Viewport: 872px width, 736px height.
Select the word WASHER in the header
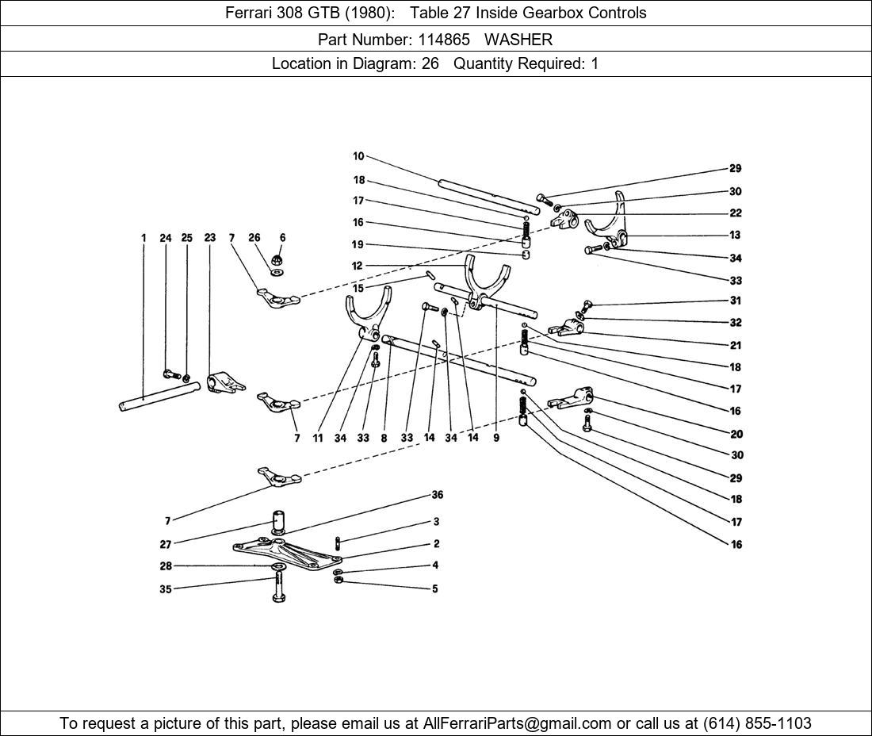point(518,39)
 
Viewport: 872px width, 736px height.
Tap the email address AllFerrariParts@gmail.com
point(518,723)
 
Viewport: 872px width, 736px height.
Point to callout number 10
point(358,156)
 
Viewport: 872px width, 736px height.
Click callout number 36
point(438,495)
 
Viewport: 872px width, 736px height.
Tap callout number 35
point(166,589)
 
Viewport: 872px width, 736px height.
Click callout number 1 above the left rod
point(143,238)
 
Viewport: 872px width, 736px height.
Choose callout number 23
point(209,238)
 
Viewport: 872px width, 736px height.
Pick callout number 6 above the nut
point(282,238)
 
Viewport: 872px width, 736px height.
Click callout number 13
point(736,235)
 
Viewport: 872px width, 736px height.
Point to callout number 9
point(496,438)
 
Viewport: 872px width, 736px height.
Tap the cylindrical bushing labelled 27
point(278,522)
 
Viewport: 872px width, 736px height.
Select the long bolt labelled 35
point(278,587)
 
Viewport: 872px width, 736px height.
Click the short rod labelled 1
point(159,396)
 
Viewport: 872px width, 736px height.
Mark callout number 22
point(736,213)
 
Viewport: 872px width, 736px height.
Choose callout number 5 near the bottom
point(435,588)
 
